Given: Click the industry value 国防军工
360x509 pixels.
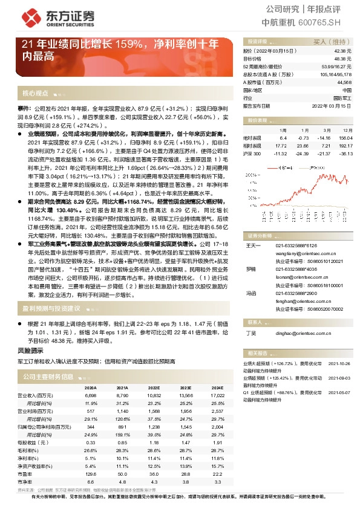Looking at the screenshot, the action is (342, 97).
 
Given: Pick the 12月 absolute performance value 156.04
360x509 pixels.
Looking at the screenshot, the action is (345, 137).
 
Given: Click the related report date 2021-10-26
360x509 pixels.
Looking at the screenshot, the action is (339, 364).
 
